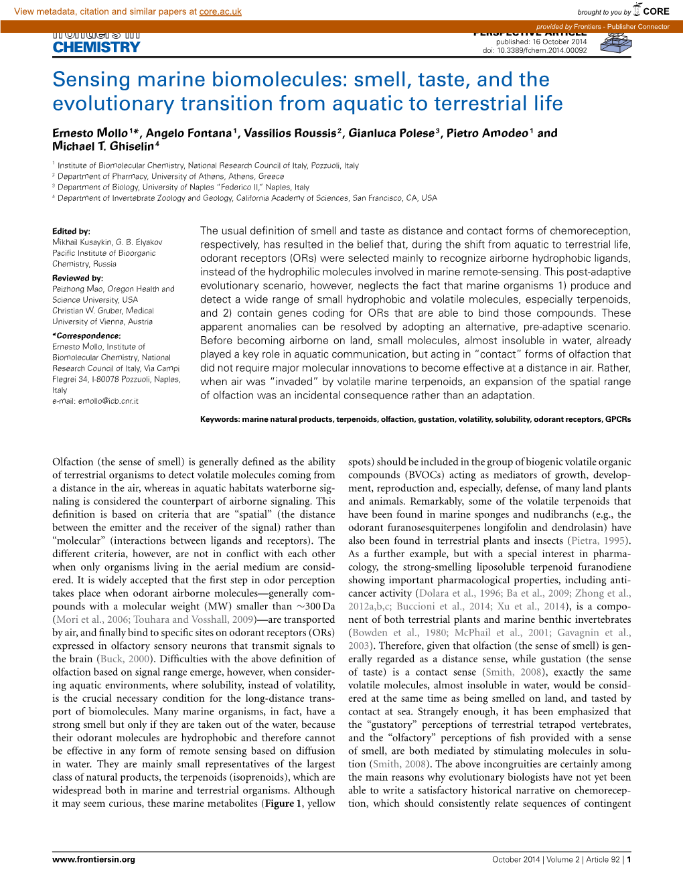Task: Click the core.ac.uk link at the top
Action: (x=220, y=11)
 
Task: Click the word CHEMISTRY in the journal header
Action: (x=96, y=48)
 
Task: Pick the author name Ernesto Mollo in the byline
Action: (x=90, y=133)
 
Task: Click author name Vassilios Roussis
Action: (x=290, y=133)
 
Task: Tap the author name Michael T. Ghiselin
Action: (x=103, y=147)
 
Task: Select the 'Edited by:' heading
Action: (x=71, y=231)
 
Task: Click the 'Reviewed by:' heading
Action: (x=78, y=278)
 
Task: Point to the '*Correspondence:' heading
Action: (x=86, y=336)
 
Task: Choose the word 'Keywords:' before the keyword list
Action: (x=220, y=419)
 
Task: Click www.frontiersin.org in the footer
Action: (x=94, y=859)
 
